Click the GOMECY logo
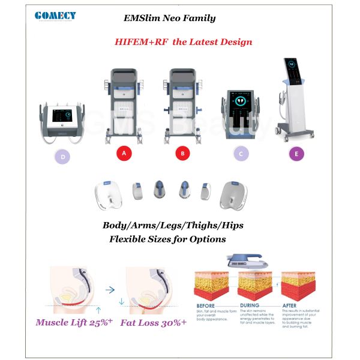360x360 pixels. tap(55, 16)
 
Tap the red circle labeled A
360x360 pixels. tap(124, 154)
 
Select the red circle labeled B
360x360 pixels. tap(182, 154)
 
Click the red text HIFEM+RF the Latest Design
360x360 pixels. tap(183, 42)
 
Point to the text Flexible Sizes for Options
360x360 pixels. tap(167, 239)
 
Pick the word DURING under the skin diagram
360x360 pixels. tap(251, 305)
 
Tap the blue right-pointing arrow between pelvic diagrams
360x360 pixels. tap(109, 289)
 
